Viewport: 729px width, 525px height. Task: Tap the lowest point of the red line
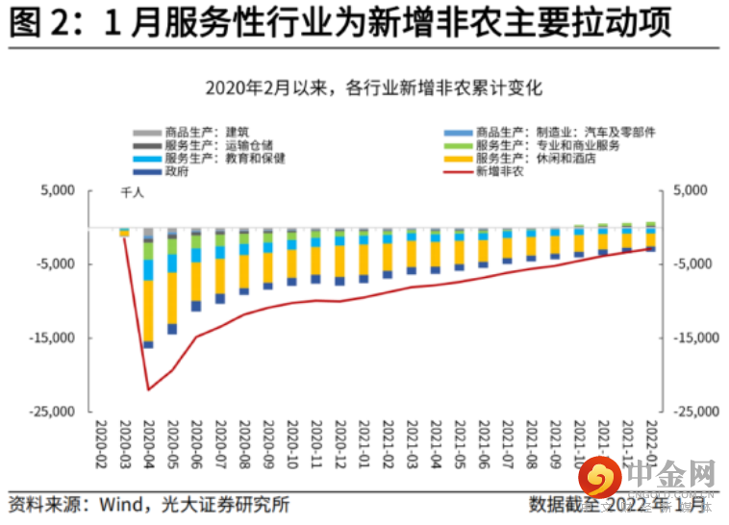[x=149, y=389]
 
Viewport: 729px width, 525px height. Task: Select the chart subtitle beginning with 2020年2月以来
[x=373, y=88]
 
